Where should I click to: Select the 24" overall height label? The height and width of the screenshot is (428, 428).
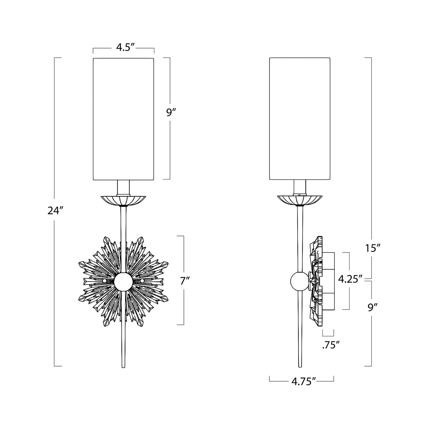click(55, 211)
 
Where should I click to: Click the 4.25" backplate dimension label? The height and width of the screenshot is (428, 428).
click(350, 280)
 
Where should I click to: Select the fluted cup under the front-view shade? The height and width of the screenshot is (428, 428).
click(123, 200)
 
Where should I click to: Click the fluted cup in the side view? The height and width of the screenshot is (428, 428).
click(299, 200)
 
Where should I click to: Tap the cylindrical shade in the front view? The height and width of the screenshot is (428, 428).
click(123, 119)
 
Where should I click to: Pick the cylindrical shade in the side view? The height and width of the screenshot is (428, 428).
click(300, 119)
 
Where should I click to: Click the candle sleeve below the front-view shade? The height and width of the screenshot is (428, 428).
click(123, 188)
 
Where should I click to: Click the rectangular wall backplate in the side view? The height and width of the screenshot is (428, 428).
click(327, 281)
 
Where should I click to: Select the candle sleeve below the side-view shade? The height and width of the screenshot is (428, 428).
click(299, 188)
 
